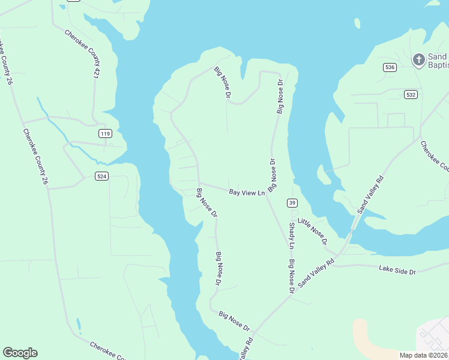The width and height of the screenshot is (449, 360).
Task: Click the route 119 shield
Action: coord(106,133)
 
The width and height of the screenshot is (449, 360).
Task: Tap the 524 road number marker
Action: coord(101,176)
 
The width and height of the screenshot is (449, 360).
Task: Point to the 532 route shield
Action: coord(411,94)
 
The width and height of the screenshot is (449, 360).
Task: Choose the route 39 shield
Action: coord(292,202)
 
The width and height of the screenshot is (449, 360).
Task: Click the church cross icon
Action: coord(418,59)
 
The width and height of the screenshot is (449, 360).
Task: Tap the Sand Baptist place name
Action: coord(438,60)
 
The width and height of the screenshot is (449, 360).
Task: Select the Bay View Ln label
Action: coord(247,193)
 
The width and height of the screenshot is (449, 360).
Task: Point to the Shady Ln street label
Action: coord(292,235)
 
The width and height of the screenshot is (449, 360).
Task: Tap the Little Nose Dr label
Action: coord(313,232)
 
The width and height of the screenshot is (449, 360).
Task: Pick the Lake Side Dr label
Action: coord(397,271)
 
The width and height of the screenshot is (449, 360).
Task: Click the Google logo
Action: coord(20,353)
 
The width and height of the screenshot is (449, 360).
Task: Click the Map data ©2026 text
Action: coord(424,355)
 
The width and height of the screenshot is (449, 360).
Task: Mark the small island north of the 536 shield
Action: coord(357,23)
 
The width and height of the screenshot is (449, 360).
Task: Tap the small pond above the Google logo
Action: coord(78,326)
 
